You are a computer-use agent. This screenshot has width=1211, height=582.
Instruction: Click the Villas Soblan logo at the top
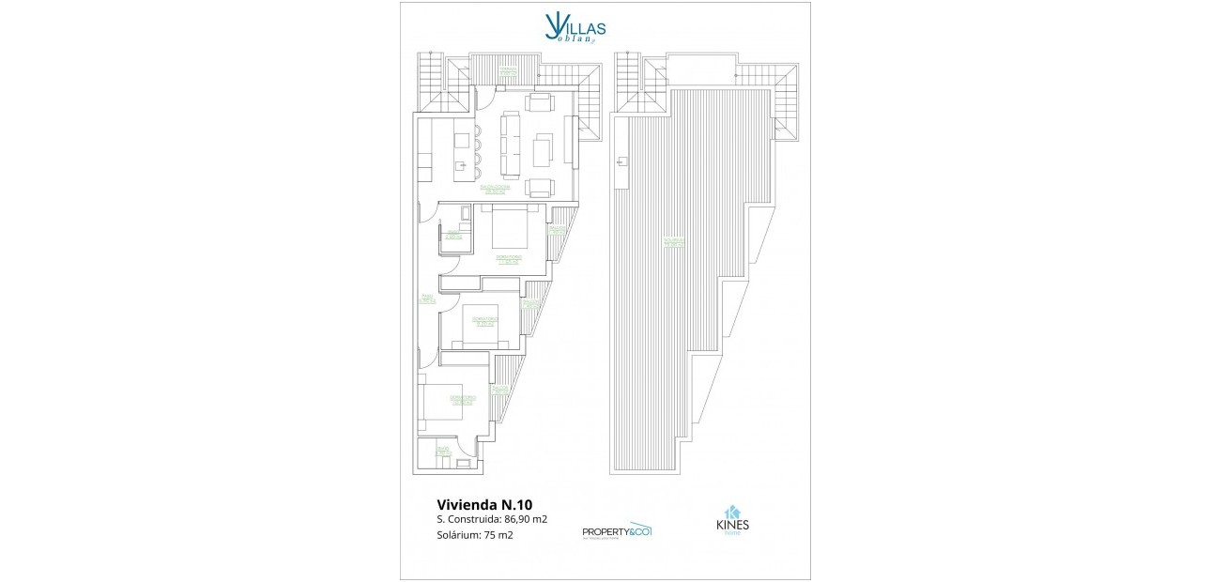pyautogui.click(x=568, y=25)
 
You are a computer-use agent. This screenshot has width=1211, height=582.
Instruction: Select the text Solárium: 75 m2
pyautogui.click(x=475, y=535)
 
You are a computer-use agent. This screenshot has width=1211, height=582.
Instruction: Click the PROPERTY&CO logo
pyautogui.click(x=617, y=530)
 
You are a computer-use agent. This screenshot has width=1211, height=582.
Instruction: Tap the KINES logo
pyautogui.click(x=732, y=522)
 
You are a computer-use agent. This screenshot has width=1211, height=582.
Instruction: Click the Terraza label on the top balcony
pyautogui.click(x=508, y=69)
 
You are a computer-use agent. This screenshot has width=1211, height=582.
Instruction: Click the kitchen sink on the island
pyautogui.click(x=461, y=166)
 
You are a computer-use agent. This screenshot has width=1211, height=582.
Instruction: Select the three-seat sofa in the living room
pyautogui.click(x=511, y=145)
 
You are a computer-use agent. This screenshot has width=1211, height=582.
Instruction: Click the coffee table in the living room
pyautogui.click(x=543, y=149)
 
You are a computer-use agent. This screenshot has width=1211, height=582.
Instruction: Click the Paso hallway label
pyautogui.click(x=426, y=299)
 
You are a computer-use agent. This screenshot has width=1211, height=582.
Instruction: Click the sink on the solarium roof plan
pyautogui.click(x=621, y=162)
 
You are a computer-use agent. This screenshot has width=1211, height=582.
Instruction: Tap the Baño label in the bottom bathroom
pyautogui.click(x=443, y=452)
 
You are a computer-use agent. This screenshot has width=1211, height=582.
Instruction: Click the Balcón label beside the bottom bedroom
pyautogui.click(x=500, y=389)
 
